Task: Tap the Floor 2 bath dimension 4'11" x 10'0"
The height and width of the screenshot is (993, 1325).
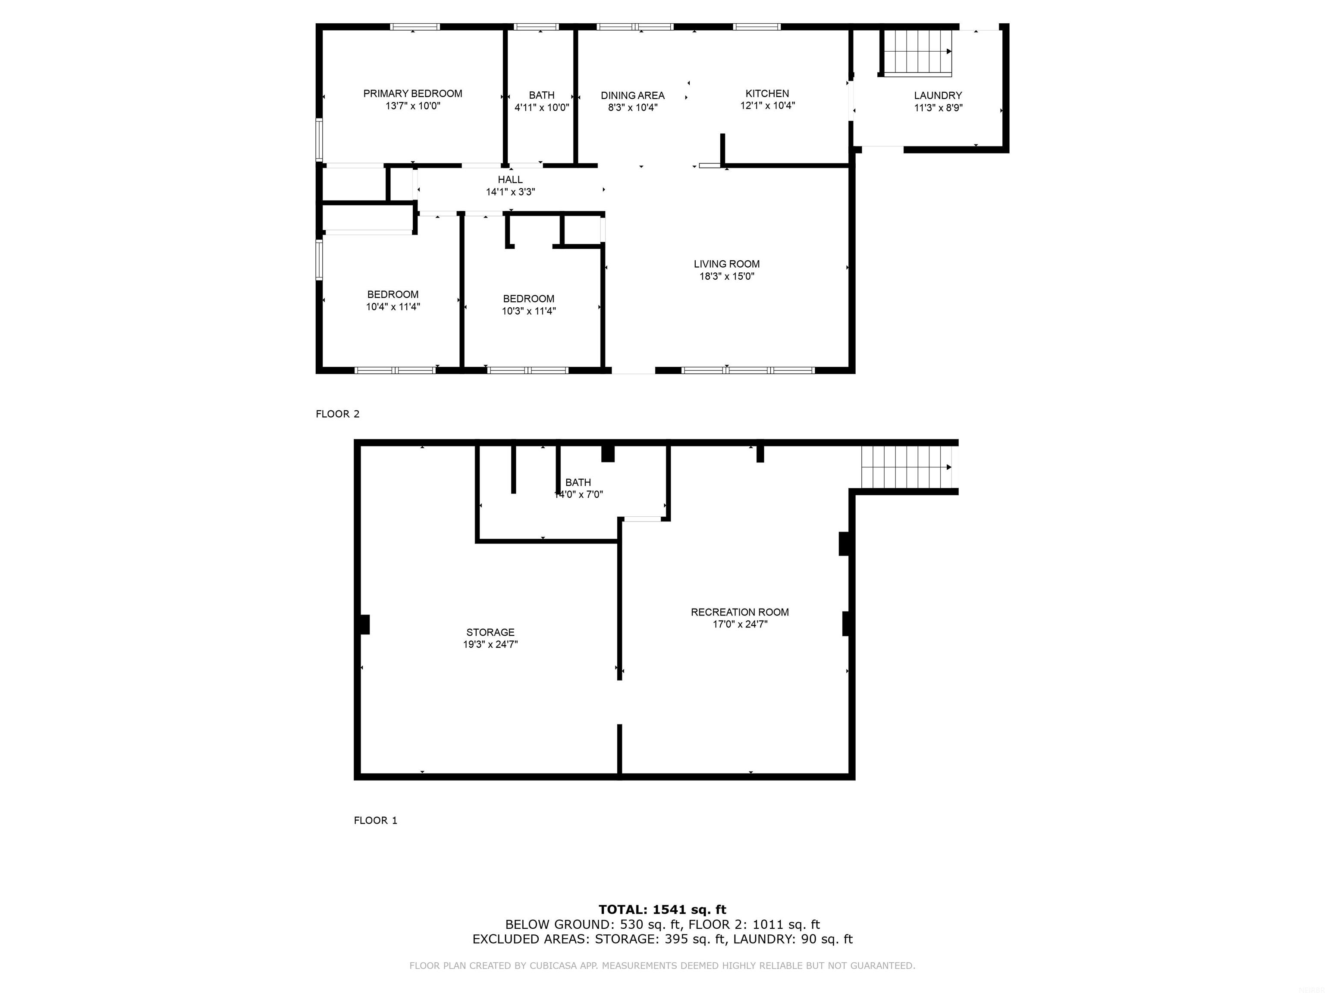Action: click(x=541, y=108)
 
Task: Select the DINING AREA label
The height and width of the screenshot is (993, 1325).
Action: click(x=633, y=96)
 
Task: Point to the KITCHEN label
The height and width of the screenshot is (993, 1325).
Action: click(x=767, y=94)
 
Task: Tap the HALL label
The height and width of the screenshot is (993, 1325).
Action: click(x=510, y=180)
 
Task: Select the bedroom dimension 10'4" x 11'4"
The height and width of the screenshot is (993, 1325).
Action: click(x=393, y=307)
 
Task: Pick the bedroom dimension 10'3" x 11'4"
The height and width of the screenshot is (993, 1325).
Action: click(x=528, y=311)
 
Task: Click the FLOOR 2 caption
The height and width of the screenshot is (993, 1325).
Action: click(x=337, y=414)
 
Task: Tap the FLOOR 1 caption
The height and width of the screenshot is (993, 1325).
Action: click(x=375, y=820)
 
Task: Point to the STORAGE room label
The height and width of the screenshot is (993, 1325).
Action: click(x=490, y=632)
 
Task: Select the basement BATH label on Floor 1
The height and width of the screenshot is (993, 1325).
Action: click(x=578, y=482)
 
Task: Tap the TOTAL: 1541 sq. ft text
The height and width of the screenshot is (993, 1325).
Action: click(x=662, y=910)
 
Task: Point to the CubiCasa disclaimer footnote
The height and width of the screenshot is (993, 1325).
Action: click(x=662, y=965)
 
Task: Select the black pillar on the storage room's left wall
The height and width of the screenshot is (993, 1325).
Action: click(x=364, y=625)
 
